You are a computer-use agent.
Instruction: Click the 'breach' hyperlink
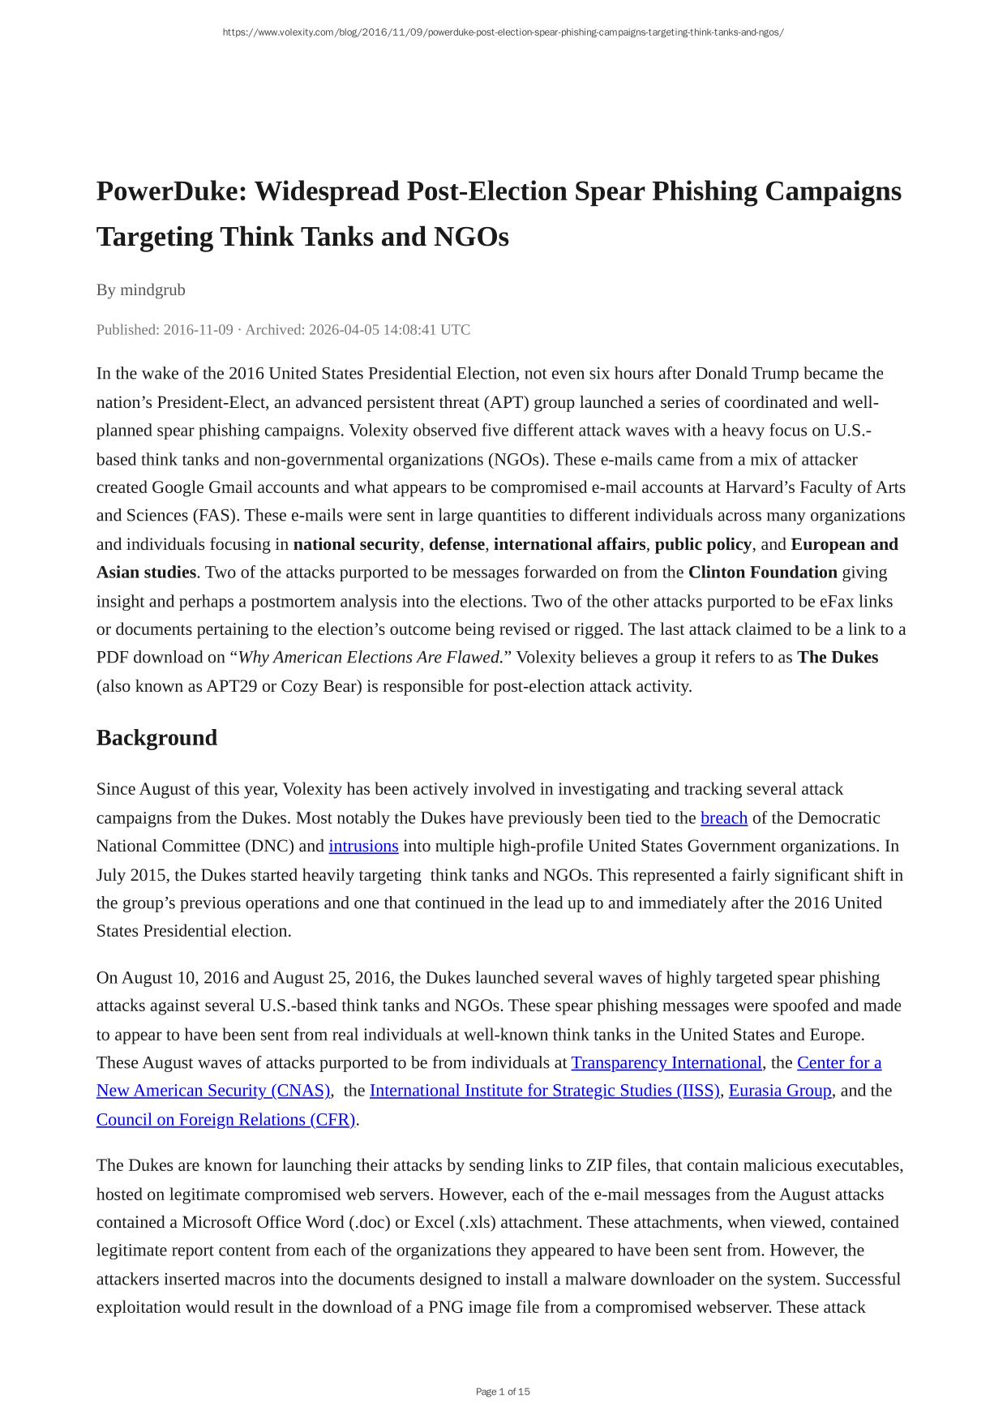[x=723, y=818]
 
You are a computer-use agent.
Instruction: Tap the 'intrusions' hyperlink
[x=363, y=847]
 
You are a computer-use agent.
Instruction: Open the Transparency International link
[x=666, y=1063]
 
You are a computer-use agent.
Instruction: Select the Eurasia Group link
[x=780, y=1091]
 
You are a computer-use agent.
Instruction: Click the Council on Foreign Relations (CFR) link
[x=225, y=1120]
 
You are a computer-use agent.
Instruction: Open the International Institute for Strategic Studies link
[x=544, y=1091]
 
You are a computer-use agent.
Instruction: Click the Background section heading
[x=156, y=738]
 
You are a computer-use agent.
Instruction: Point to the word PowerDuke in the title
[x=170, y=191]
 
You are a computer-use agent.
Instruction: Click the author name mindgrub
[x=152, y=290]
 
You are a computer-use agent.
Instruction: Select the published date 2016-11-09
[x=198, y=330]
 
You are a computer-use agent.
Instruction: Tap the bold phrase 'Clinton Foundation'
[x=762, y=573]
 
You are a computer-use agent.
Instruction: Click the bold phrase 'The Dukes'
[x=838, y=658]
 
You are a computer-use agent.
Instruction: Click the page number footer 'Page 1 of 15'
[x=503, y=1392]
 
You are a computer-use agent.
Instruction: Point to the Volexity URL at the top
[x=503, y=32]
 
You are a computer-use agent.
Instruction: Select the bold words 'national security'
[x=356, y=544]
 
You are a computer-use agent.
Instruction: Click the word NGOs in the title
[x=471, y=237]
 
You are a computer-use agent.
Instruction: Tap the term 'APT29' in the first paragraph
[x=232, y=687]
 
